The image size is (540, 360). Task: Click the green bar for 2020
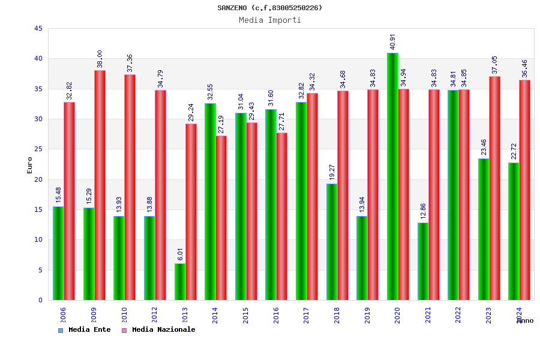(392, 176)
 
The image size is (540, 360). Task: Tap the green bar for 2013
(180, 281)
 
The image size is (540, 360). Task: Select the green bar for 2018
(332, 242)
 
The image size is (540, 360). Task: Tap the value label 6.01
(181, 254)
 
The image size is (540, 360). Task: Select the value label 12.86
(423, 211)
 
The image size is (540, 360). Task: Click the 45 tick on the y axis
(38, 29)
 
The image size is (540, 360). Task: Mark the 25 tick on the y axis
(38, 149)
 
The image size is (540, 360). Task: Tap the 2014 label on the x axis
(215, 315)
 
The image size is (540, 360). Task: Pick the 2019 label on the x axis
(367, 315)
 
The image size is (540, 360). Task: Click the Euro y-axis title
(30, 165)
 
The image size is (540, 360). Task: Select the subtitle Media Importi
(270, 20)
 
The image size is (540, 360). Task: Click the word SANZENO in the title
(233, 8)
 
